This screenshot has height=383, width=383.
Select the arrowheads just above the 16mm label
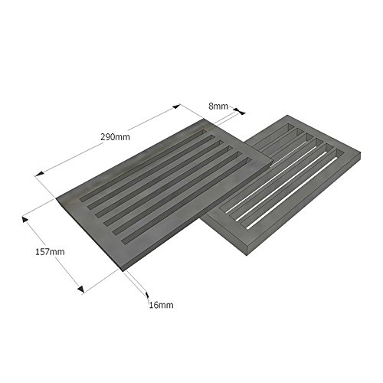click(x=145, y=292)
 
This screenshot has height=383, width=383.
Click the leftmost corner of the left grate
click(x=58, y=201)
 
